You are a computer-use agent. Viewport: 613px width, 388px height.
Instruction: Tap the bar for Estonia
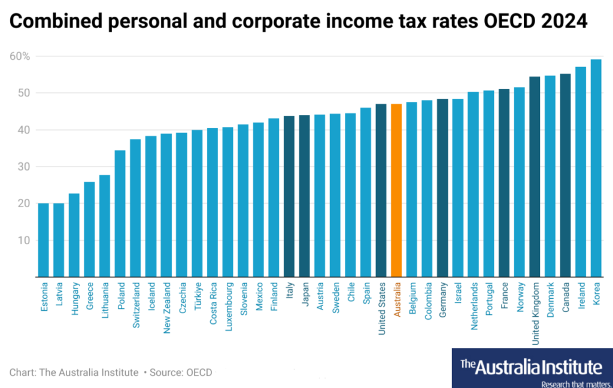pyautogui.click(x=44, y=240)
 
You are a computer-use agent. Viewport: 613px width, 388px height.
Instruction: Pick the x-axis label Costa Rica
pyautogui.click(x=213, y=303)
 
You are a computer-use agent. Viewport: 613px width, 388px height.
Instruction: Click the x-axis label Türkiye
pyautogui.click(x=198, y=296)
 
